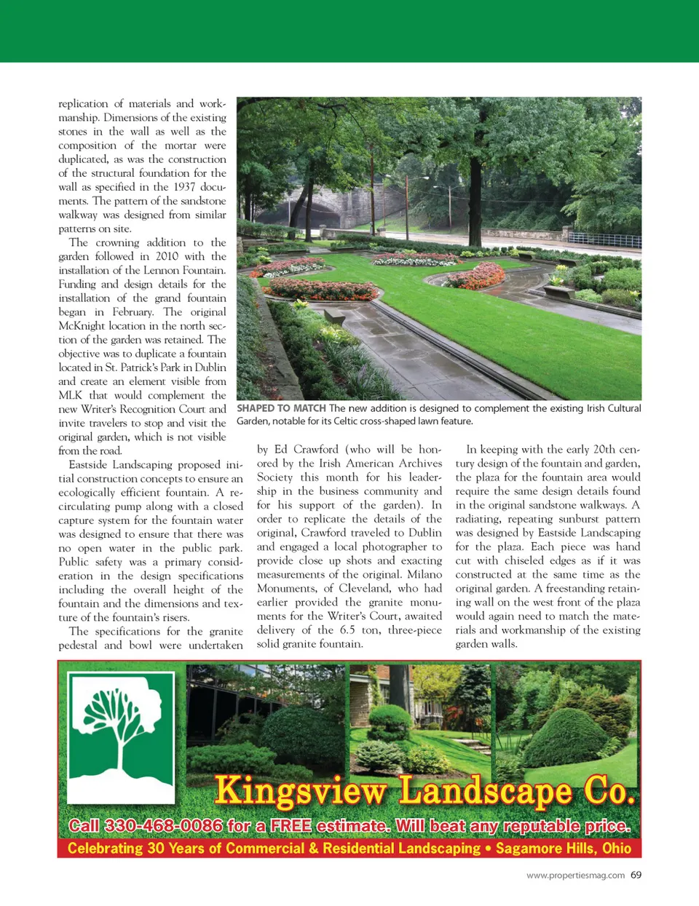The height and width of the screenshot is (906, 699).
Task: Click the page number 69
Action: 636,875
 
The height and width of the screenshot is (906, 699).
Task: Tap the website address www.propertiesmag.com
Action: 575,875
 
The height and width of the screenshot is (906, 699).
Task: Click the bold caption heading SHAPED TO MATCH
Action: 281,408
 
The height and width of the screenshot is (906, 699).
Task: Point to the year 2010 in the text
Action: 167,256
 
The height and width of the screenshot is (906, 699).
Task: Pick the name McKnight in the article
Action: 83,325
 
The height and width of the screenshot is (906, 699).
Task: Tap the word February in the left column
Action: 133,311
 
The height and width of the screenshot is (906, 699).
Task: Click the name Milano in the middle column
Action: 424,574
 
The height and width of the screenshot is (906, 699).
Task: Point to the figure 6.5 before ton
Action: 347,629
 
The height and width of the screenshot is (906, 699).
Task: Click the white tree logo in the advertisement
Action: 122,735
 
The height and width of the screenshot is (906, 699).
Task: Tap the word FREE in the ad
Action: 291,826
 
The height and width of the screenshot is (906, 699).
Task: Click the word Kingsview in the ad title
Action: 301,790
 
